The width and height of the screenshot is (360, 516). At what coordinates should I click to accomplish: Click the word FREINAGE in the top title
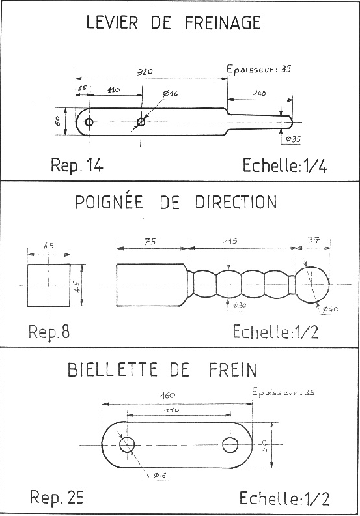(223, 22)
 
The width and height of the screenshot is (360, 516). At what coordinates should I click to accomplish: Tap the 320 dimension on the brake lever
(145, 72)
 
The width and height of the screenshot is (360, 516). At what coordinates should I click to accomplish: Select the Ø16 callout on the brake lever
(170, 93)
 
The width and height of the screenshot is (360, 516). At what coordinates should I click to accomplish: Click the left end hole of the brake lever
(89, 122)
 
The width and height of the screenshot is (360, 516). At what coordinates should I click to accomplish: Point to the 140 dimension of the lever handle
(259, 93)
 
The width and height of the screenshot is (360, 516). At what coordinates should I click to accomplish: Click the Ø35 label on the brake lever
(292, 139)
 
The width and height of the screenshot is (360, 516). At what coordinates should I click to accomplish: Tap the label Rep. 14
(77, 165)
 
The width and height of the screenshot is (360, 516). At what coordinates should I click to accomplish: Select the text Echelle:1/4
(285, 165)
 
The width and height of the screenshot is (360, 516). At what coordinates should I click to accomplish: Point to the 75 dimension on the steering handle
(150, 242)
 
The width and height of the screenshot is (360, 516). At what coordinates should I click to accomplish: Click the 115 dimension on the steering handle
(230, 241)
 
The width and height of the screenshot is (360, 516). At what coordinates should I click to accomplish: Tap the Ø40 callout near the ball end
(330, 309)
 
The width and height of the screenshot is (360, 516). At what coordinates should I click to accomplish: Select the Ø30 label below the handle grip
(240, 306)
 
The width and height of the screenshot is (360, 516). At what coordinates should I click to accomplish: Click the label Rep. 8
(49, 332)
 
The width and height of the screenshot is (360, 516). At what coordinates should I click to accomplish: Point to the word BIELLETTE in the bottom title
(112, 369)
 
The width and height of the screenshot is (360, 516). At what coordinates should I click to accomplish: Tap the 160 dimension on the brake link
(167, 395)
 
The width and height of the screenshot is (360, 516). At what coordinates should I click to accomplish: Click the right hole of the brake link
(230, 445)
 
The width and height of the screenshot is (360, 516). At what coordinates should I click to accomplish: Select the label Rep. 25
(57, 496)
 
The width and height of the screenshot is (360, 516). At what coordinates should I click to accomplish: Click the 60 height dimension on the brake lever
(57, 121)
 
